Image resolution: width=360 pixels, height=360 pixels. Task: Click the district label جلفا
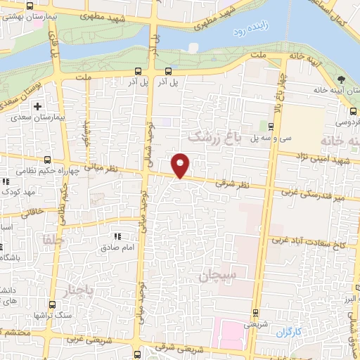click(x=51, y=238)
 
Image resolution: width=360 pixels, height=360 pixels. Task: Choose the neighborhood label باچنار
click(x=78, y=290)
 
